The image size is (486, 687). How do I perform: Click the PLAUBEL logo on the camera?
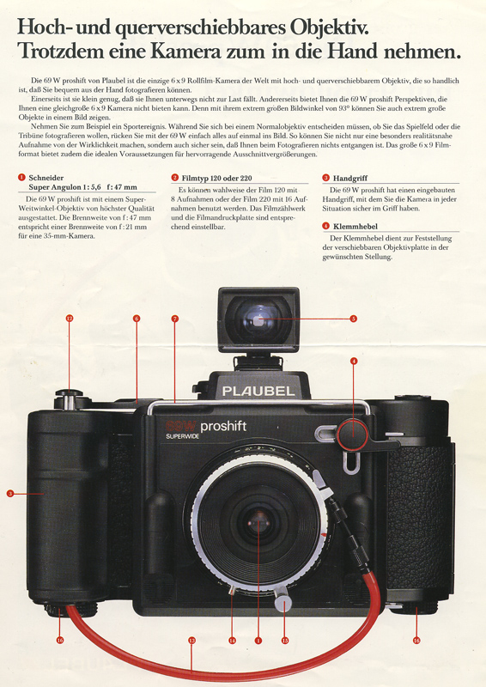tap(258, 391)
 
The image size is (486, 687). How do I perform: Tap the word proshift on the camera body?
tap(223, 427)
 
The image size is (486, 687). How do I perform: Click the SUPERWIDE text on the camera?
tap(182, 436)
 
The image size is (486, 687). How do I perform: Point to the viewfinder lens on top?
tap(258, 319)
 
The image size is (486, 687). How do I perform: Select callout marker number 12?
tap(69, 318)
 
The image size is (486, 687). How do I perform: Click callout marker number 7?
tap(175, 319)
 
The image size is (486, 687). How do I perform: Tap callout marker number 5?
tap(353, 319)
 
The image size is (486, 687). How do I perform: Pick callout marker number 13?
tap(191, 640)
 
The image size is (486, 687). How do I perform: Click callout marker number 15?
tap(285, 640)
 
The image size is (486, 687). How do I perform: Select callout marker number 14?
tap(232, 640)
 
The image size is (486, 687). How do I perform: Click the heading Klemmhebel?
tap(355, 227)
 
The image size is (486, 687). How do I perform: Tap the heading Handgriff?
tap(349, 179)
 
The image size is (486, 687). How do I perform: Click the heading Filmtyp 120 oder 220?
tap(216, 179)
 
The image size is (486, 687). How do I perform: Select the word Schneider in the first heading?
tap(46, 178)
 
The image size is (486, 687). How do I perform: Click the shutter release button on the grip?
tap(69, 393)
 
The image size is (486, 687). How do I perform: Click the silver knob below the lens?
tap(283, 603)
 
